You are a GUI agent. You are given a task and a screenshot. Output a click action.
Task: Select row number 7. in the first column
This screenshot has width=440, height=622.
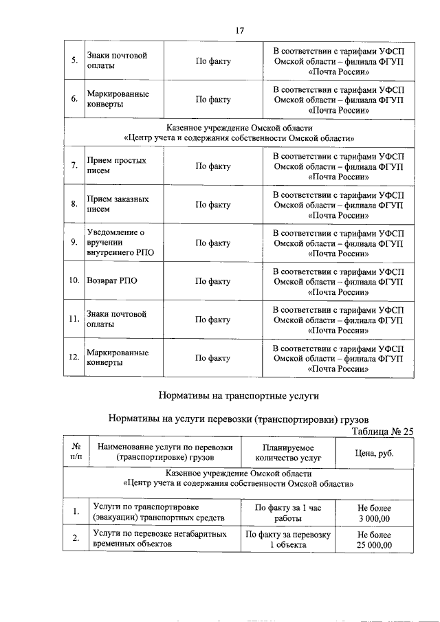point(74,166)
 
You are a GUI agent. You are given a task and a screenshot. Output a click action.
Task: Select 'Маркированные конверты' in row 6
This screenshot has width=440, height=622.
point(118,99)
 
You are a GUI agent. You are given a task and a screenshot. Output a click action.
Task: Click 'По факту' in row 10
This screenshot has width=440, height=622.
point(213,281)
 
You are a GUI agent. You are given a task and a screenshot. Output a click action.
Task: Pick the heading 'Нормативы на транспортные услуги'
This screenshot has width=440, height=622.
point(239,396)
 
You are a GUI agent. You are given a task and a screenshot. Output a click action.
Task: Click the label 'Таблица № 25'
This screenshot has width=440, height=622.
point(382,432)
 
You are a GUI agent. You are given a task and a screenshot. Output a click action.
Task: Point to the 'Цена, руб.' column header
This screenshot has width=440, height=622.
point(374,452)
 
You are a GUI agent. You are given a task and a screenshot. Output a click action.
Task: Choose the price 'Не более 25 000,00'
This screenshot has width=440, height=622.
point(374,540)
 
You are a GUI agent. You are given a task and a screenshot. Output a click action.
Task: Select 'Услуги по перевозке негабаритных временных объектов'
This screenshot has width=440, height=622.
point(162,540)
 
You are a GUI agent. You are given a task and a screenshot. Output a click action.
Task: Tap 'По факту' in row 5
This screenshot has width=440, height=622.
point(213,61)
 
